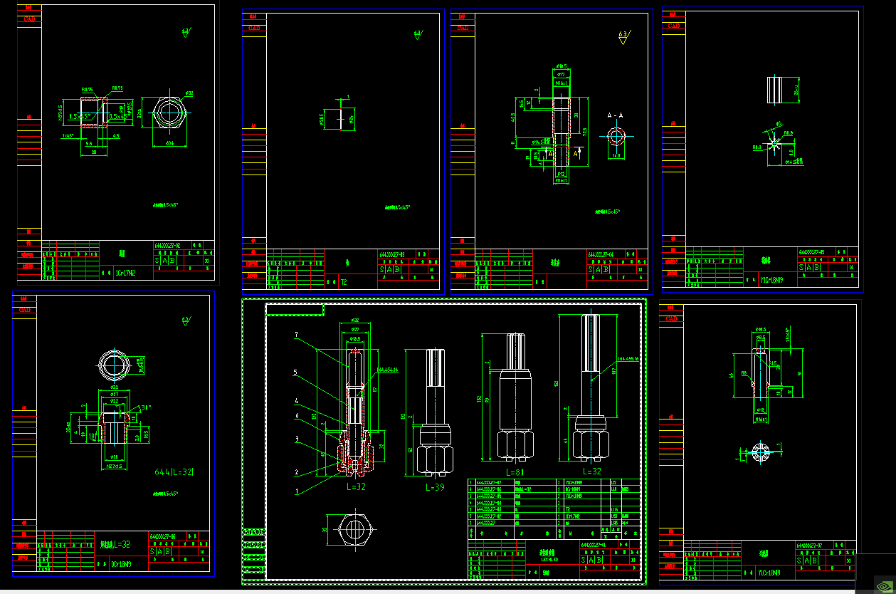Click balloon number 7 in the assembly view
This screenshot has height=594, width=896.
[x=296, y=334]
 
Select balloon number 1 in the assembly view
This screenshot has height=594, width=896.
[x=296, y=491]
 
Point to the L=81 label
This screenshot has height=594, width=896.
[x=515, y=471]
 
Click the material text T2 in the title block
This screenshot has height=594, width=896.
[x=344, y=282]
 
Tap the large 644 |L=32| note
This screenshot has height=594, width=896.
[x=174, y=472]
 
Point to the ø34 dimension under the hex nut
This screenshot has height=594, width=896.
[x=170, y=143]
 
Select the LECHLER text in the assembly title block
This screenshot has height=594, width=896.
[x=549, y=559]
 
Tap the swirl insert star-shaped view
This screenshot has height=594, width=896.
[x=774, y=146]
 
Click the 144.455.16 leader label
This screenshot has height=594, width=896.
[x=628, y=359]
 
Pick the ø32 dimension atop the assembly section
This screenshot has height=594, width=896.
[x=354, y=320]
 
